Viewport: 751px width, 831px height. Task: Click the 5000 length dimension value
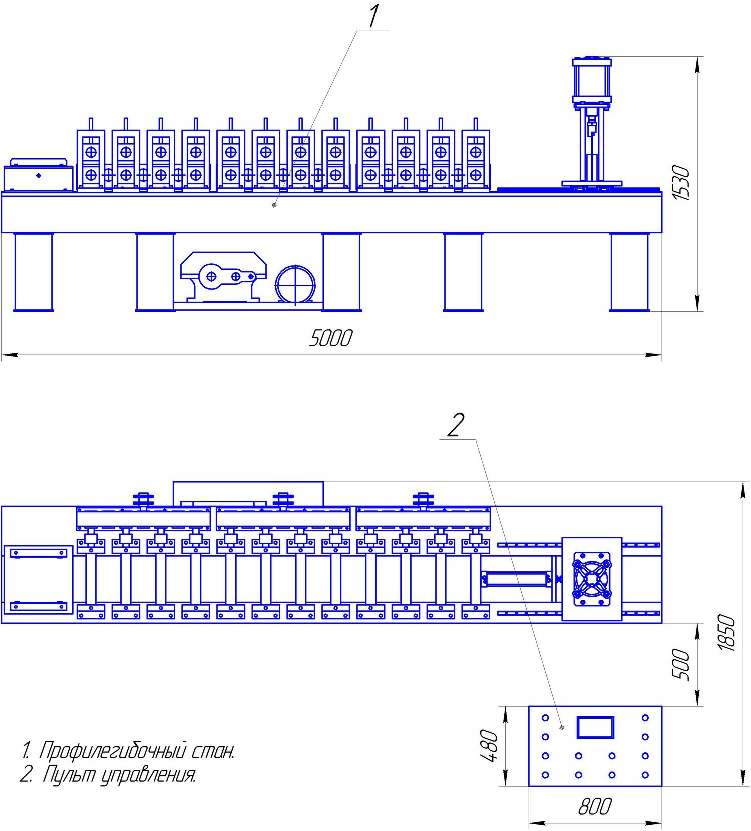coord(331,338)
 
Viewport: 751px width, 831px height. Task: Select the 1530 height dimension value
coord(681,184)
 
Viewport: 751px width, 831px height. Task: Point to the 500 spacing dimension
coord(680,664)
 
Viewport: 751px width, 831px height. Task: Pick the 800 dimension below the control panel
coord(595,806)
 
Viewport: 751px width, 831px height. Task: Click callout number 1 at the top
coord(373,16)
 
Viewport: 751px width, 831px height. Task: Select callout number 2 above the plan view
coord(455,426)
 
